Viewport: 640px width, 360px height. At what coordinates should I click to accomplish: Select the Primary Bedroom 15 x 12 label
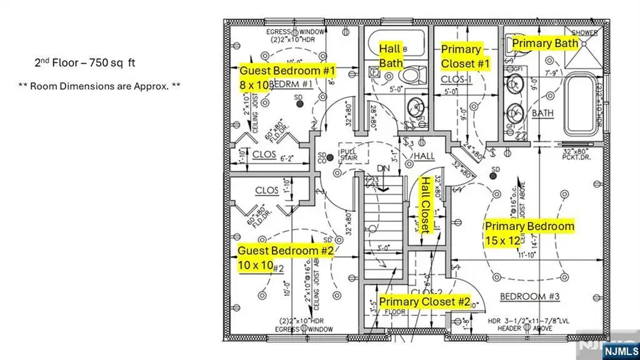(529, 233)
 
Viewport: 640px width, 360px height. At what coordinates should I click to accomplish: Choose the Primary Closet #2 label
(425, 302)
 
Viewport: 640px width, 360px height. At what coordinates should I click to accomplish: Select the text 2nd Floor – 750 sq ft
(85, 63)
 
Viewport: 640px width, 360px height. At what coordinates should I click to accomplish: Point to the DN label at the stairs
(383, 169)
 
